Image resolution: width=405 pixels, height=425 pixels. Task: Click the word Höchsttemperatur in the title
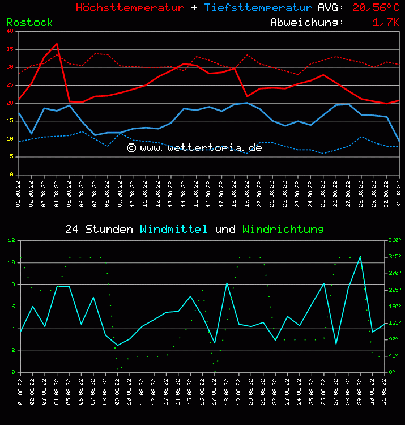(130, 8)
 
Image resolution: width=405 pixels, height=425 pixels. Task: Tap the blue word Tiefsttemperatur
(258, 8)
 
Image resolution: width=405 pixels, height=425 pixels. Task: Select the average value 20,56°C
(376, 8)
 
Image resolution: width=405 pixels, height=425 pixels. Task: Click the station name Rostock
(29, 23)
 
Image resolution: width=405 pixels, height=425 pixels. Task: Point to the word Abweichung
(306, 23)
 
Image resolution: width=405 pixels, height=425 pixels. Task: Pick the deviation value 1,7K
(386, 23)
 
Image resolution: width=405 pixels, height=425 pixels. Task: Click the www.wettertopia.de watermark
(194, 147)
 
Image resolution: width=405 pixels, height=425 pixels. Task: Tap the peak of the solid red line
(57, 44)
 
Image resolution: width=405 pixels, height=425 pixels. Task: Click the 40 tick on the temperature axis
(11, 32)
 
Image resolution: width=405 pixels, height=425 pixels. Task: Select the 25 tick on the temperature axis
(11, 85)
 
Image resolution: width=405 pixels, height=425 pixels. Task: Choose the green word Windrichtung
(283, 229)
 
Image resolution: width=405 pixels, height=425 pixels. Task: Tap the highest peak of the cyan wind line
(360, 257)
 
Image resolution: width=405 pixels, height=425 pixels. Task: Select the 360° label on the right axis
(394, 240)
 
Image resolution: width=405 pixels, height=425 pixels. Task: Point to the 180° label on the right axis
(394, 307)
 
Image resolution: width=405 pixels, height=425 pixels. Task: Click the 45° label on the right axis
(394, 356)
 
